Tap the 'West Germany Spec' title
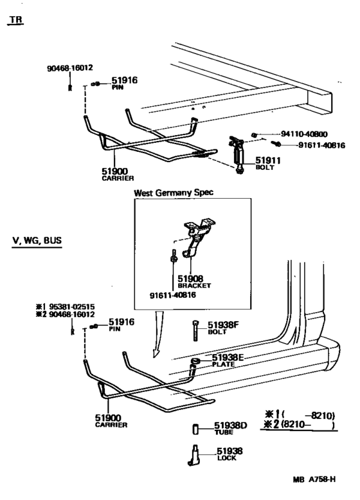tap(173, 192)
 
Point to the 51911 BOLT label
tap(265, 163)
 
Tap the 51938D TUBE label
tap(230, 429)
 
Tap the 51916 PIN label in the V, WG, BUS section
tap(120, 324)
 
